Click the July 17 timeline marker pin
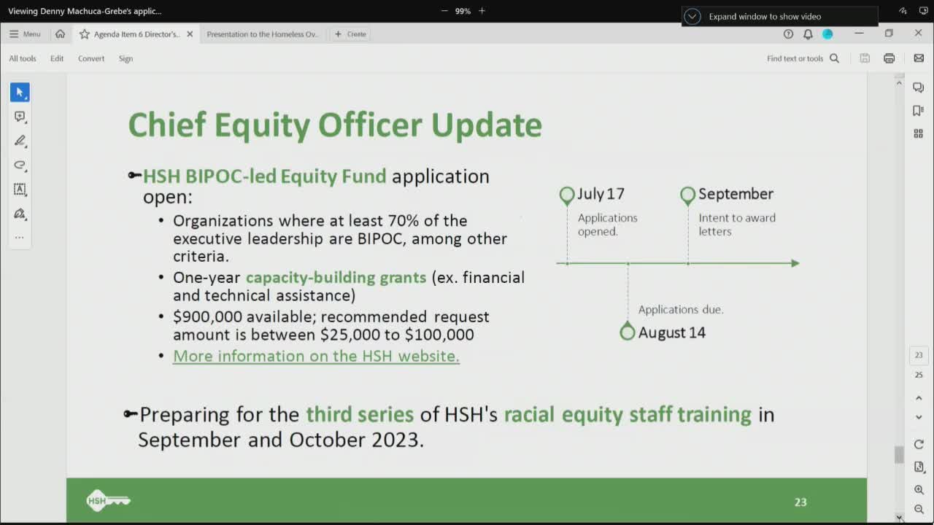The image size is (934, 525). [x=567, y=195]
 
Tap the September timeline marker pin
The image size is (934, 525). [x=687, y=195]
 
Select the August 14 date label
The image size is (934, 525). [x=671, y=332]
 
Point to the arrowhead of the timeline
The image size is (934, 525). [x=795, y=263]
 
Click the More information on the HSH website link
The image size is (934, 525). [x=316, y=356]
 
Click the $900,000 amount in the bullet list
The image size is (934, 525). [x=207, y=316]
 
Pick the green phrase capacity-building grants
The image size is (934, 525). [x=336, y=277]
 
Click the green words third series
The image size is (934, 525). [x=360, y=414]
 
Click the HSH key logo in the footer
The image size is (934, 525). [x=108, y=500]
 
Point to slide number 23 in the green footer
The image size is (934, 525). [x=800, y=502]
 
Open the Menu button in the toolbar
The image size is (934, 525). [x=25, y=34]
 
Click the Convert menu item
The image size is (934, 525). [x=91, y=58]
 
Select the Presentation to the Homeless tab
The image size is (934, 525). [x=263, y=34]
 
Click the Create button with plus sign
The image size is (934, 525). [x=350, y=34]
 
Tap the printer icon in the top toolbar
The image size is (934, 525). [x=889, y=58]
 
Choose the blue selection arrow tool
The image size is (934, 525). [x=20, y=92]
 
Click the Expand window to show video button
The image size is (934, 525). [x=764, y=16]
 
